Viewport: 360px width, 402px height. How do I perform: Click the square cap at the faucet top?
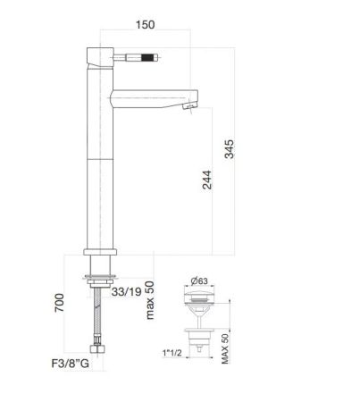coord(99,53)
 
